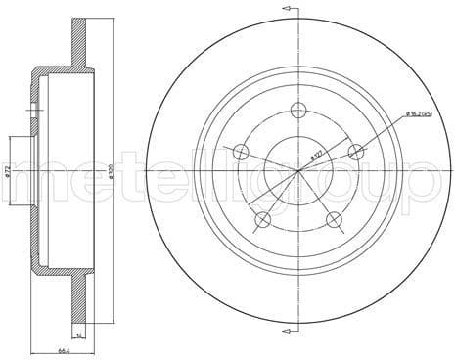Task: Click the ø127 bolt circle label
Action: point(315,154)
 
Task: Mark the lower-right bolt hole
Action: point(334,219)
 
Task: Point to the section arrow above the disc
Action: point(288,8)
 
